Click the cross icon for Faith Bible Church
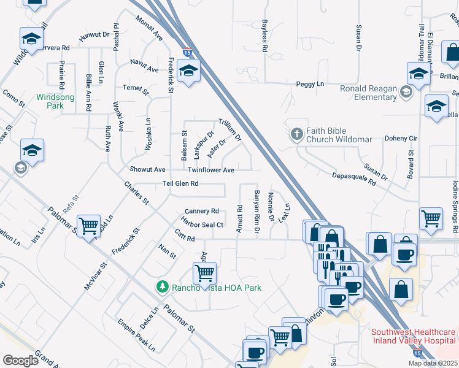tap(296, 134)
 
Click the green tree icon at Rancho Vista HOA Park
tap(163, 286)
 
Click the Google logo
tap(20, 361)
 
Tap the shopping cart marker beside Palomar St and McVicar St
tap(90, 226)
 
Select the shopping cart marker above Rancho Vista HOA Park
tap(204, 271)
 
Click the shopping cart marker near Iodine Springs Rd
tap(431, 217)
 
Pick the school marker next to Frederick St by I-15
tap(189, 71)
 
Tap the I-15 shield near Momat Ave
tap(186, 54)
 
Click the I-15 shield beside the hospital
tap(417, 353)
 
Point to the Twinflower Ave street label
tap(210, 170)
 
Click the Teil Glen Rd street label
tap(180, 183)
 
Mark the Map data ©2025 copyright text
tap(433, 363)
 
